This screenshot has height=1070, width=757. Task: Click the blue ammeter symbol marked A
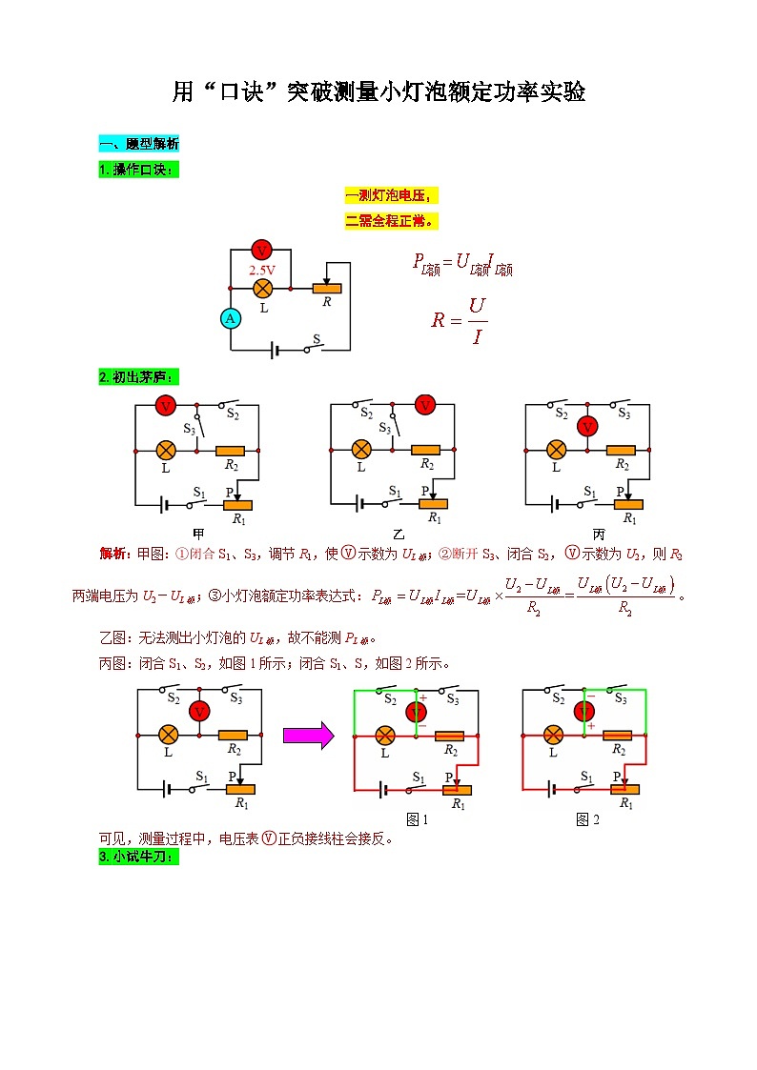tap(230, 319)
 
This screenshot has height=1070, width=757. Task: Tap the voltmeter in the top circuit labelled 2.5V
tap(261, 251)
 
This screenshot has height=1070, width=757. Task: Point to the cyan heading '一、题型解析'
tap(138, 144)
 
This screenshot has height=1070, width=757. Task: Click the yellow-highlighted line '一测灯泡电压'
tap(391, 196)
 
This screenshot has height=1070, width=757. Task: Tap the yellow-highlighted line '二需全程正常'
tap(391, 221)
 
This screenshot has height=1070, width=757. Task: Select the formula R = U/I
tap(460, 320)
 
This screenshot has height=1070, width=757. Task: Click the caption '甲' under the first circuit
tap(198, 534)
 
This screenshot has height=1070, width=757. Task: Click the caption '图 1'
tap(417, 819)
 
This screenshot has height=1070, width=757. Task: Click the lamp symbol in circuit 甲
tap(166, 450)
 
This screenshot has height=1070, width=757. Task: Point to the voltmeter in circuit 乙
tap(425, 406)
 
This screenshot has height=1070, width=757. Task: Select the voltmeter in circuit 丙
tap(588, 425)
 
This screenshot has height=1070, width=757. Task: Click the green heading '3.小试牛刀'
tap(138, 858)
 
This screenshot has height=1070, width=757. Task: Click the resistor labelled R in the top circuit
tap(327, 287)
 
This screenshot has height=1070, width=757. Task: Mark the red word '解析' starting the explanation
tap(113, 555)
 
